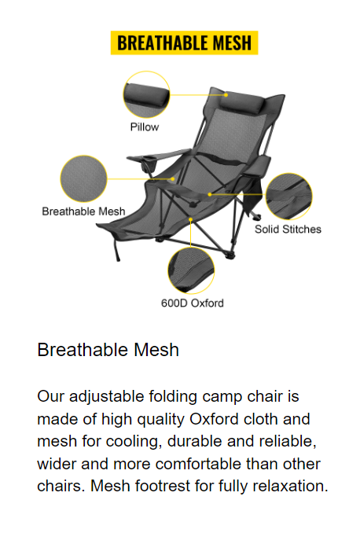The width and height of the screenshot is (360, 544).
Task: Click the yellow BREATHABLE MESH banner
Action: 184,42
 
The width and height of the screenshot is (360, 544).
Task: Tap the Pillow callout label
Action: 145,127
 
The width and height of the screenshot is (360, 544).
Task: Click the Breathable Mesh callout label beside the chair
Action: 83,211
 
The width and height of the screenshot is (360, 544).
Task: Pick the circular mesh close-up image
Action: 83,178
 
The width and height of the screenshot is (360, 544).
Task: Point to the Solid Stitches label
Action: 288,230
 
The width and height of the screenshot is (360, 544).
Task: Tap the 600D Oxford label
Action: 192,303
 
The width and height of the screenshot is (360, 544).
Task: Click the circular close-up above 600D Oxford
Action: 191,270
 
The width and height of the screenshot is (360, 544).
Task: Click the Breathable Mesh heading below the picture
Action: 108,350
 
